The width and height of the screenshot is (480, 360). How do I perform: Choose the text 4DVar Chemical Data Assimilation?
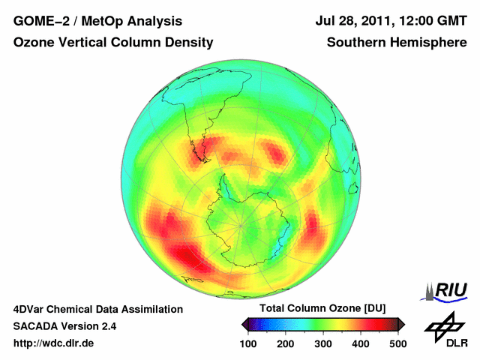tap(97, 309)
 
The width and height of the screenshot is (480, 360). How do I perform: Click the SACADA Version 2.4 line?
tap(64, 326)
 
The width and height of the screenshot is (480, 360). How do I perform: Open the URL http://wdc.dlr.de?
tap(54, 343)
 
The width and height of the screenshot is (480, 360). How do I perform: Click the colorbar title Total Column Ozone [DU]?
tap(322, 309)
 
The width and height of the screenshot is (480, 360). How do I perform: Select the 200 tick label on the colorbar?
tap(286, 343)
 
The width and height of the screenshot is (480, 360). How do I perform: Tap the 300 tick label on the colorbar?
tap(323, 343)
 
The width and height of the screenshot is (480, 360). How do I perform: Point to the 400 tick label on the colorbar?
tap(360, 343)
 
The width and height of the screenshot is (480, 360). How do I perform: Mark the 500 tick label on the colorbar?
tap(397, 343)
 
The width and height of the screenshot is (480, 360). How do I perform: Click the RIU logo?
tap(447, 289)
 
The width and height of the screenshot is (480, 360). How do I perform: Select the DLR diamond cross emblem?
tap(444, 323)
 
